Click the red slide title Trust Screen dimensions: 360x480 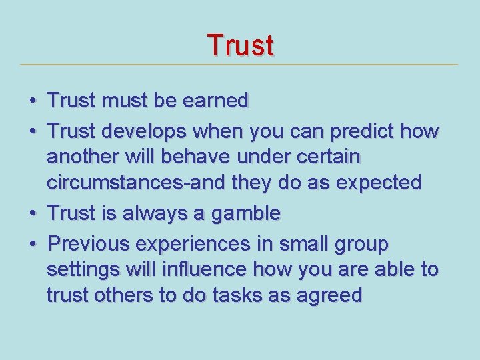(x=240, y=45)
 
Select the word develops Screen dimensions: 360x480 (x=137, y=132)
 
